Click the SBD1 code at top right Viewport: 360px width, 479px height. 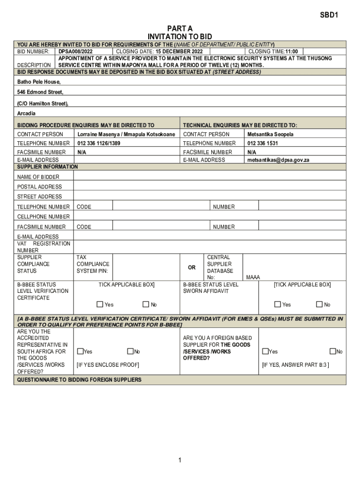coord(329,15)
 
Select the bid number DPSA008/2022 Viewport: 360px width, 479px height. coord(75,51)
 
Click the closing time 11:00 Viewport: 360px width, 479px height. coord(291,51)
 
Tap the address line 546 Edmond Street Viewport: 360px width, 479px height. coord(40,92)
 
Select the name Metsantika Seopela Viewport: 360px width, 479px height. coord(270,134)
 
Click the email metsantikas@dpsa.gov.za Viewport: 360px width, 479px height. coord(278,160)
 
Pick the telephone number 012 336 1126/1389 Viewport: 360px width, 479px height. coord(99,143)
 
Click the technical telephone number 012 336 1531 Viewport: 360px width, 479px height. coord(262,143)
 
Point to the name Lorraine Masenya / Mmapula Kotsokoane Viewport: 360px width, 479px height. coord(126,134)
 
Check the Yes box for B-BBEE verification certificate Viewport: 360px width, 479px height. coord(100,305)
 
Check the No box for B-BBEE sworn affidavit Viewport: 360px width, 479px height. coord(319,305)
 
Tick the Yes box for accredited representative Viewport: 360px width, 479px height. coord(80,351)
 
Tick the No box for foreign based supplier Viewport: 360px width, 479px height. coord(333,351)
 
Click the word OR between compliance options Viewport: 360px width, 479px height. coord(192,268)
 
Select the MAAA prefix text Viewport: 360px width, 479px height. coord(253,277)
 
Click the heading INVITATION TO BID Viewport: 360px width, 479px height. coord(180,36)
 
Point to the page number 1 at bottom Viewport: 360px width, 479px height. coord(180,461)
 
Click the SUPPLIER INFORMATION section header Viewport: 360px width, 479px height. coord(48,167)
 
